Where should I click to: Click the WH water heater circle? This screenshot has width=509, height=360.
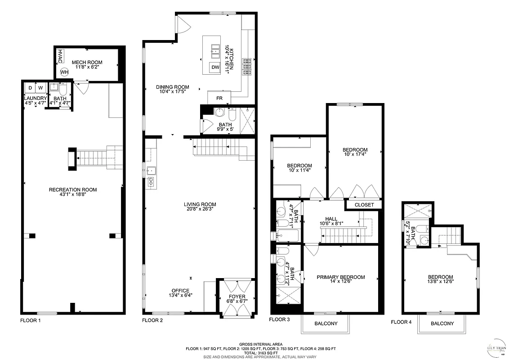tap(64, 72)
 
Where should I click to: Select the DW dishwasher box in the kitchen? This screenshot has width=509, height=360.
tap(215, 67)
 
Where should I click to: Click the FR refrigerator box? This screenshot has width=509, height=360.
tap(219, 98)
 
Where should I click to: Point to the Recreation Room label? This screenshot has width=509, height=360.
tap(73, 189)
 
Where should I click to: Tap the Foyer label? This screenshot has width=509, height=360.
tap(237, 297)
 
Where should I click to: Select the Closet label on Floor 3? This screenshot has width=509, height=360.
tap(364, 205)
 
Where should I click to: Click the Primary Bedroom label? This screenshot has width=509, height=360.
tap(340, 277)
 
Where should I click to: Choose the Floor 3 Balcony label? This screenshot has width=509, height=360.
tap(325, 324)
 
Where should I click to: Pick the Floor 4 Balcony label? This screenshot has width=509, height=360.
tap(442, 324)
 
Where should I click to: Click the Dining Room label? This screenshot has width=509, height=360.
tap(173, 87)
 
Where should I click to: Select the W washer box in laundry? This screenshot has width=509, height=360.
tap(40, 88)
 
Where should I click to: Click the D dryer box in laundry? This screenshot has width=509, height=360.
tap(30, 88)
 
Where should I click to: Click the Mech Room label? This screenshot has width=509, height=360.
tap(87, 62)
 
